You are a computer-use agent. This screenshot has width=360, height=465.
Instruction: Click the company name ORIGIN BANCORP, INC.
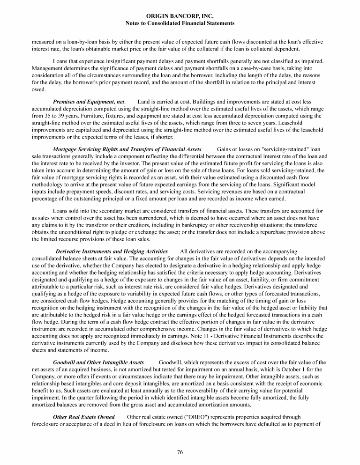point(180,16)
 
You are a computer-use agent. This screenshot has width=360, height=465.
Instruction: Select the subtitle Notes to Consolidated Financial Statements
point(180,23)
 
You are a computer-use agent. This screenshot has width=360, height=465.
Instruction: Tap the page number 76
point(180,451)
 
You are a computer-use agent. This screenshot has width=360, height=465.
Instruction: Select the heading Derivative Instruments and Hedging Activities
point(112,251)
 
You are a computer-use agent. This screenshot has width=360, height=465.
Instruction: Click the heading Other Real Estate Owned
point(84,417)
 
